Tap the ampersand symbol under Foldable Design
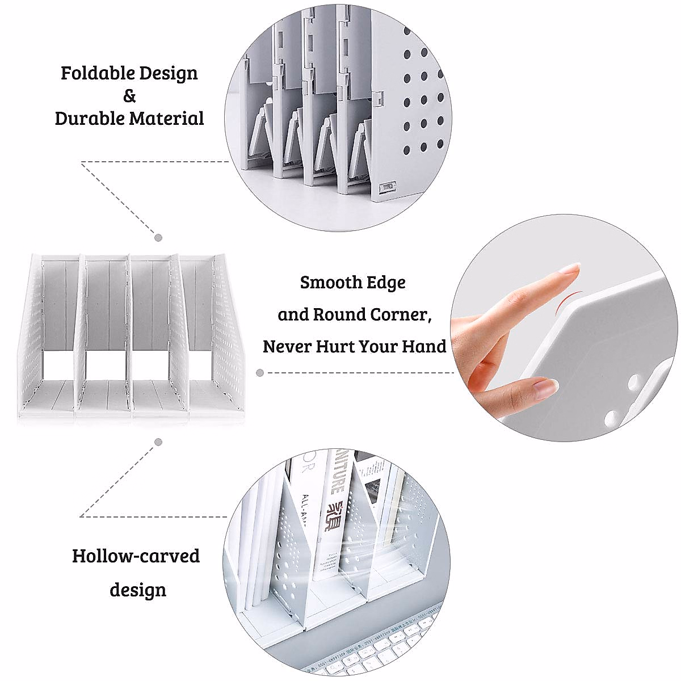[x=129, y=96]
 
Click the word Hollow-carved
[x=136, y=556]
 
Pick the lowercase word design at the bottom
[x=138, y=590]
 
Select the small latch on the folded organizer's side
[x=388, y=186]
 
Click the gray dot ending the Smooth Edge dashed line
[x=260, y=373]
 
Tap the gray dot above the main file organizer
[x=159, y=238]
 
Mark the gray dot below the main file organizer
[x=159, y=442]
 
